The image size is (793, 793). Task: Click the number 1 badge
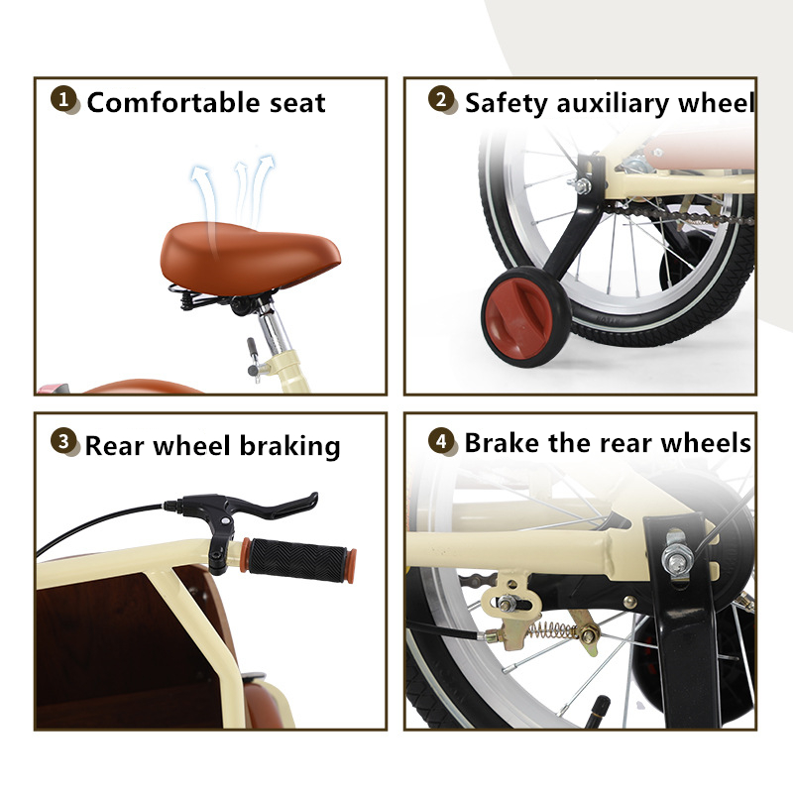tap(63, 99)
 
